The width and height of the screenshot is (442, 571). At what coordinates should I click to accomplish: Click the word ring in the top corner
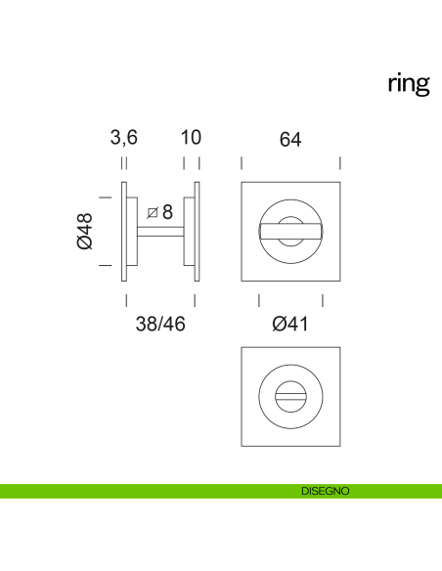pyautogui.click(x=408, y=84)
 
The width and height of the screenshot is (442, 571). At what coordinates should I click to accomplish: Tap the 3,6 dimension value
pyautogui.click(x=123, y=139)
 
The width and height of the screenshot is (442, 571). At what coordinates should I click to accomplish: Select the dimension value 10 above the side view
pyautogui.click(x=191, y=139)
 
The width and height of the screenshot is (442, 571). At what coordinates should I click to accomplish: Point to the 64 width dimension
pyautogui.click(x=289, y=139)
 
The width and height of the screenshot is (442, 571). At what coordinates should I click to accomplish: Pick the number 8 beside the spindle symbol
pyautogui.click(x=167, y=211)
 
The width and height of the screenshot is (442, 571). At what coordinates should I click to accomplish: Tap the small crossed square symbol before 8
pyautogui.click(x=152, y=212)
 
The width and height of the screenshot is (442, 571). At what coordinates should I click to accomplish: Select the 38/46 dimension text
pyautogui.click(x=159, y=324)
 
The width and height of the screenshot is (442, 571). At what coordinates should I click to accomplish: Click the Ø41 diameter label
pyautogui.click(x=290, y=324)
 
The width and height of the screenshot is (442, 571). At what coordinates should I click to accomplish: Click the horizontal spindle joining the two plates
pyautogui.click(x=160, y=231)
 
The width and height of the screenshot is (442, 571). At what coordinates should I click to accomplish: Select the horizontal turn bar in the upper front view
pyautogui.click(x=290, y=230)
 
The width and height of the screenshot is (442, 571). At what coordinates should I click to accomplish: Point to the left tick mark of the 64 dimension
pyautogui.click(x=242, y=163)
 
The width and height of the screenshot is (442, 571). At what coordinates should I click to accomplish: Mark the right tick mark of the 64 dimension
pyautogui.click(x=340, y=163)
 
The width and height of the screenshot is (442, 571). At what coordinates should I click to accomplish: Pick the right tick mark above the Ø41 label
pyautogui.click(x=323, y=299)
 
